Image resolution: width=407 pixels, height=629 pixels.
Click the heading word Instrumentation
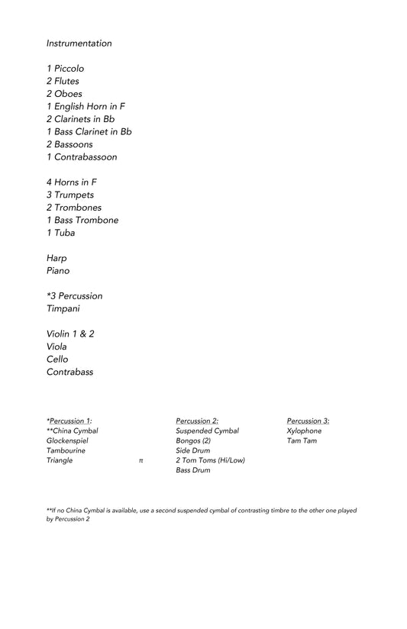click(79, 44)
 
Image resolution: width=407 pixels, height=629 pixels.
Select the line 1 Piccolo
click(65, 69)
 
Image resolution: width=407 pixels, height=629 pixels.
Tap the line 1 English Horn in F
click(86, 107)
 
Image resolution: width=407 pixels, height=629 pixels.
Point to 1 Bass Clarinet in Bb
click(89, 132)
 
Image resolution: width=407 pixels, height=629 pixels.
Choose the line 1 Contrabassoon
click(82, 157)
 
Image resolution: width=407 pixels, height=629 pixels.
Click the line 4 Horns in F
click(71, 182)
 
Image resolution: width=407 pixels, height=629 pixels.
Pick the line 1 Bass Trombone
click(82, 221)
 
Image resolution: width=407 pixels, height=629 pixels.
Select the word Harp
click(57, 258)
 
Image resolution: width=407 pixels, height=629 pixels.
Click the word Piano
click(58, 271)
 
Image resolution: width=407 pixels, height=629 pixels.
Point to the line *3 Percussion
click(74, 296)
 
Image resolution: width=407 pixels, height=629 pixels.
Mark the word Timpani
click(63, 309)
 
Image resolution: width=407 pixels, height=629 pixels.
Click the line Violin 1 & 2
click(70, 334)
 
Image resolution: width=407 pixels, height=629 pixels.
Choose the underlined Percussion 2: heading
click(197, 421)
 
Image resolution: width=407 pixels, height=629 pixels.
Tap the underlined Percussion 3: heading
click(308, 421)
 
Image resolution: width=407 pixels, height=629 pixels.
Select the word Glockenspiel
click(66, 440)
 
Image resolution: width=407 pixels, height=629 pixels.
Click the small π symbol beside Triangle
click(141, 461)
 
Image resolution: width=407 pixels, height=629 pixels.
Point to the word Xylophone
click(304, 431)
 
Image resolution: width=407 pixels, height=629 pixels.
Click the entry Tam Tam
click(302, 440)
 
